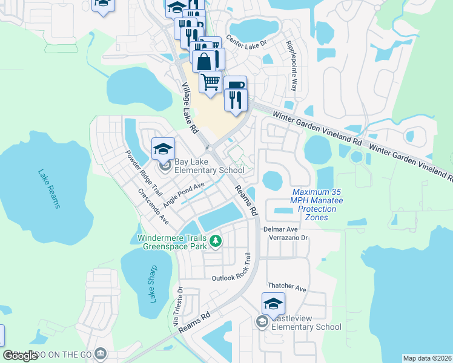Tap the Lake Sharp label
(x=153, y=284)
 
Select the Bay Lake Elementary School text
(x=209, y=166)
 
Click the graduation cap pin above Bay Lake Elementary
(x=164, y=149)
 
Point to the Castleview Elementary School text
(x=306, y=322)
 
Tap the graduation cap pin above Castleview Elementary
(x=273, y=304)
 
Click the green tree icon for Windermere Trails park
(x=215, y=241)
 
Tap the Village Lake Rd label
(x=190, y=108)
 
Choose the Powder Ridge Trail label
(x=144, y=171)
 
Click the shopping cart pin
(x=210, y=82)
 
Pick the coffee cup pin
(x=234, y=85)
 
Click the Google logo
(x=21, y=356)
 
